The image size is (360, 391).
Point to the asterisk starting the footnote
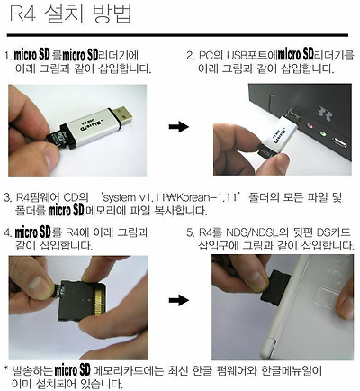coord(6,369)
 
